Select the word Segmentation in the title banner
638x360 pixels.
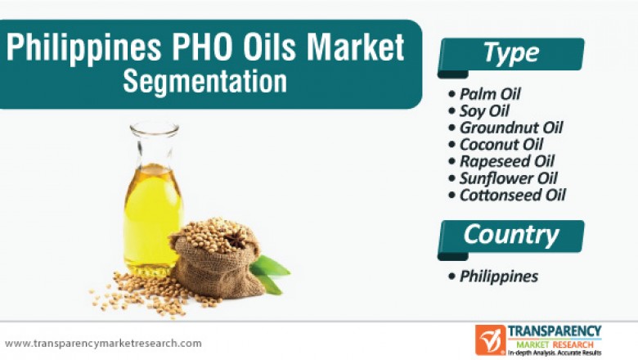(205, 82)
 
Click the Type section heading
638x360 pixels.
(511, 53)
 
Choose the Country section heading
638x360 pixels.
(511, 235)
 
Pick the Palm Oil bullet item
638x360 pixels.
(490, 93)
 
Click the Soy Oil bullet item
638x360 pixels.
(485, 110)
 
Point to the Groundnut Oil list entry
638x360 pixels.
(510, 128)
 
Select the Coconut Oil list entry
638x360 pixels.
(501, 145)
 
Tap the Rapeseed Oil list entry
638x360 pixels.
(506, 161)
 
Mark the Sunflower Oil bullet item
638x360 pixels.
(508, 178)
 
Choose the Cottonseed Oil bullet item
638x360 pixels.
(512, 195)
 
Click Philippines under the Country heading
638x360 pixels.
(498, 276)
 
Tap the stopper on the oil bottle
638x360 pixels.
(154, 131)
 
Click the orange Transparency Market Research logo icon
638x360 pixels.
(490, 340)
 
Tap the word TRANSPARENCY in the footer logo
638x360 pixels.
(555, 331)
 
